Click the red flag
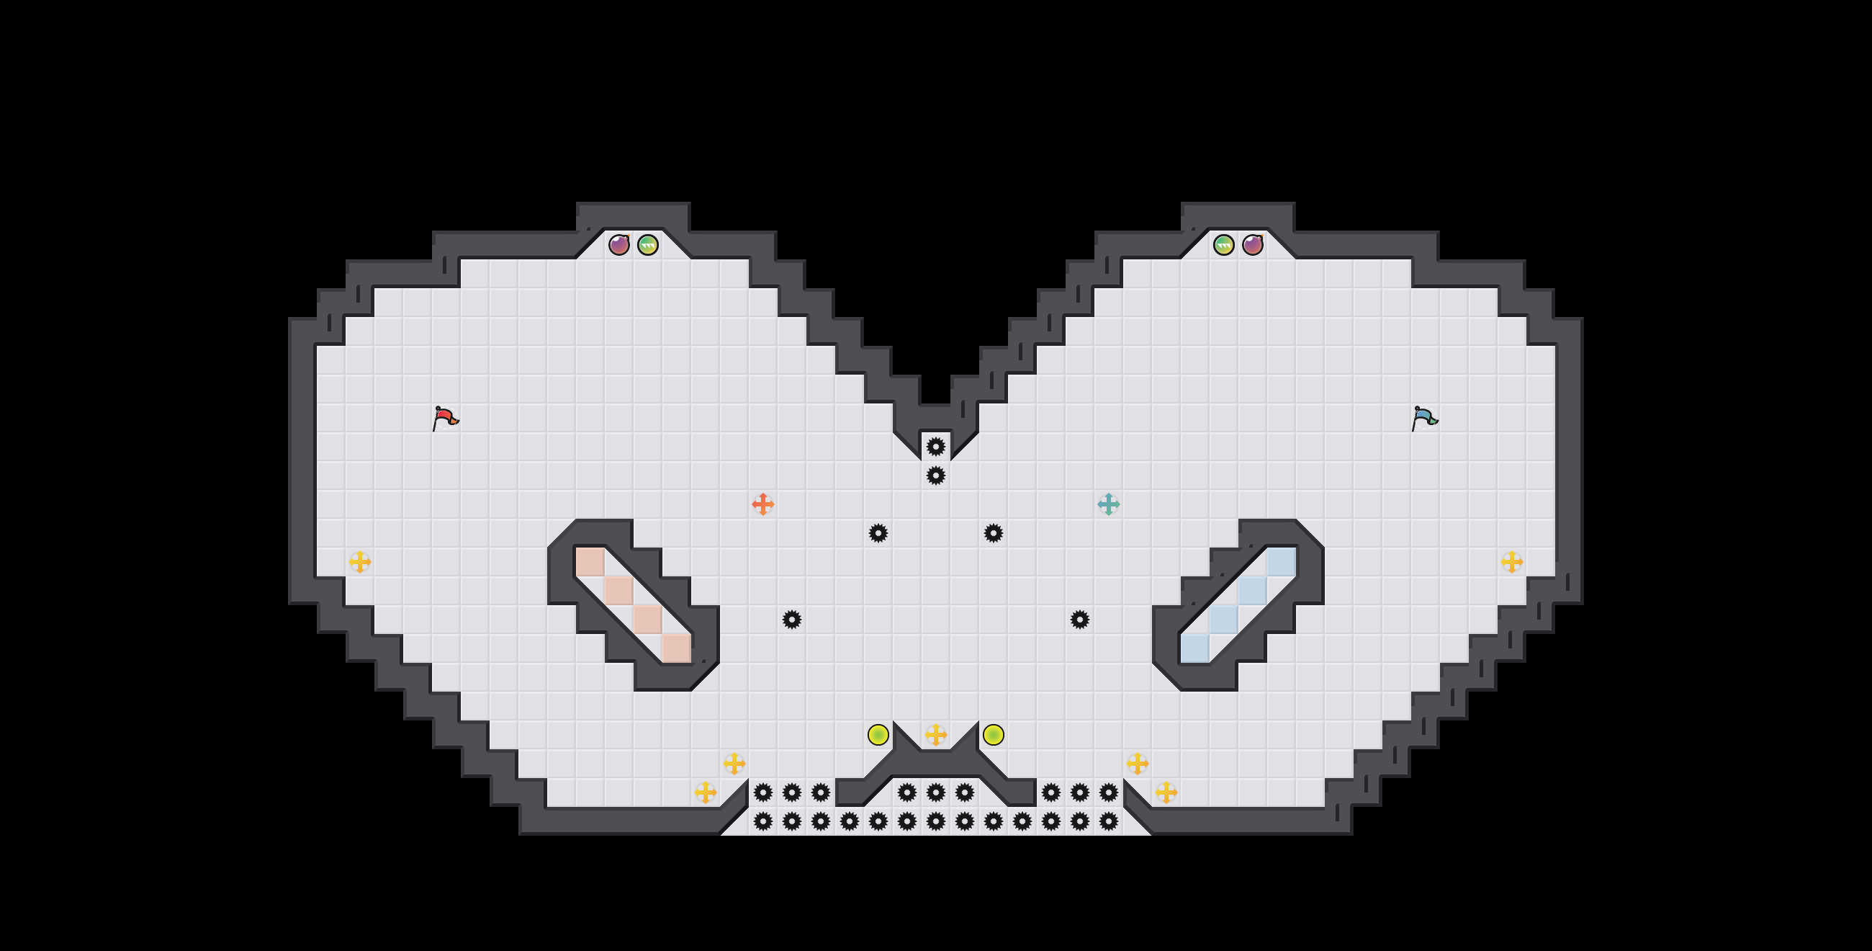(445, 418)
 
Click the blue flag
(1423, 418)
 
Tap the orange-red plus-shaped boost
(762, 504)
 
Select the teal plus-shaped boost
(1108, 504)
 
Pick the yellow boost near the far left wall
(360, 561)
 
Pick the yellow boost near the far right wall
(1511, 561)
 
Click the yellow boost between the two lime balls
(936, 734)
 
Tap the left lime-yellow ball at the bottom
(878, 734)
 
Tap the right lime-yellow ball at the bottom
(994, 734)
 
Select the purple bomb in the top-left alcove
(618, 245)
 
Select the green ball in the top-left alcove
(647, 245)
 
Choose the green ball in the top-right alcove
(1224, 245)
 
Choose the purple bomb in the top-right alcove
(1252, 245)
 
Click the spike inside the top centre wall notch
(936, 447)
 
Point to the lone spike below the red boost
(791, 620)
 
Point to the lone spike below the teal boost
(1080, 620)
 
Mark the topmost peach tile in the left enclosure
(590, 562)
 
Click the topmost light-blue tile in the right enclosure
(1281, 562)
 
